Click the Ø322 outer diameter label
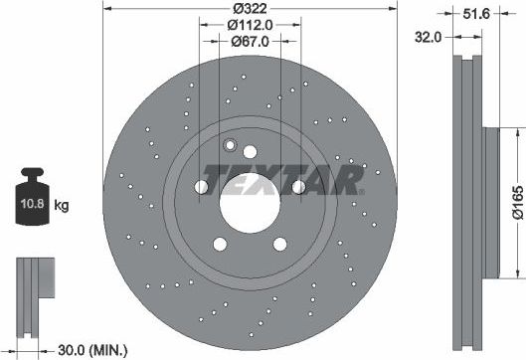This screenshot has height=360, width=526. [x=249, y=10]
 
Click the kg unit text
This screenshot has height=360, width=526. [x=62, y=206]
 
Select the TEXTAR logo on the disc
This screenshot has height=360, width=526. [x=282, y=178]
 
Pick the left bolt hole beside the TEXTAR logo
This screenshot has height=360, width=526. [x=202, y=187]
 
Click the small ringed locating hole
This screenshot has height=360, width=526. [x=230, y=145]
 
